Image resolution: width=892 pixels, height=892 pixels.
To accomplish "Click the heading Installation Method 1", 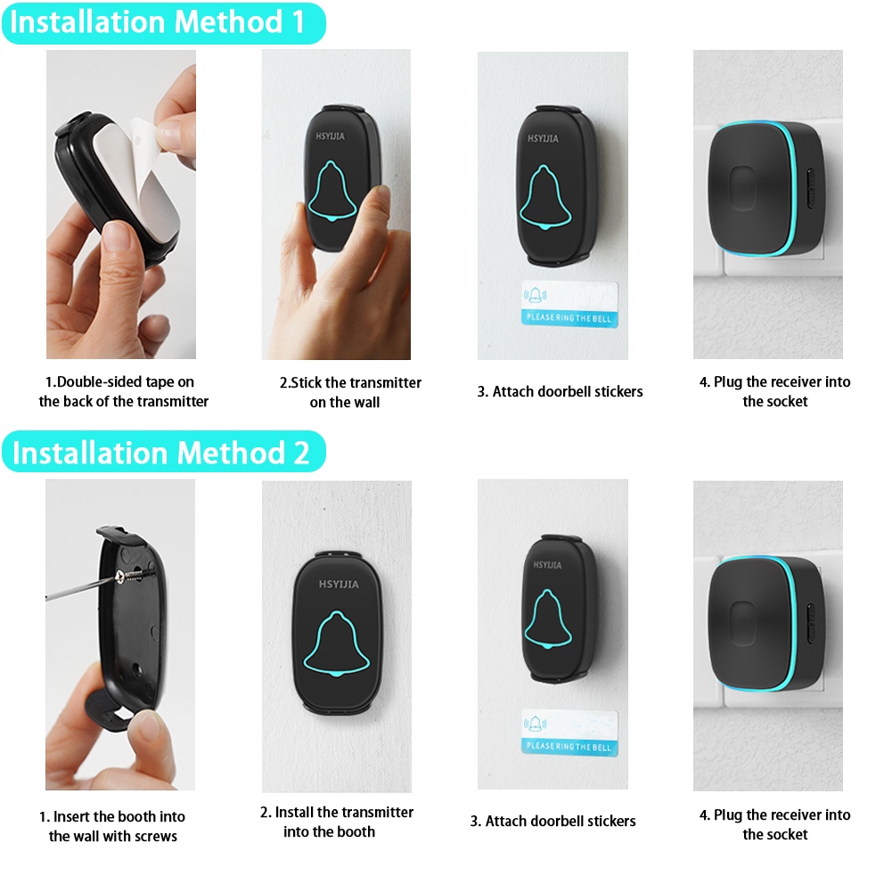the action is pos(157,23).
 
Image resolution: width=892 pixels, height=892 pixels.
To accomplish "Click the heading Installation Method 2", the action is pos(161,453).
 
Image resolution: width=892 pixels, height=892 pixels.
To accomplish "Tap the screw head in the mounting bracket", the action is pos(120,577).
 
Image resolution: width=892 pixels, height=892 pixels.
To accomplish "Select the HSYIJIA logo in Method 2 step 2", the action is pos(339,585).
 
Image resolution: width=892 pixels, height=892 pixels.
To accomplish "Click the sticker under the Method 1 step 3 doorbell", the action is pos(569,304).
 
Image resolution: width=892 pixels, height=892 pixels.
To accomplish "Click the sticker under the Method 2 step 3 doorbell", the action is pos(569,732).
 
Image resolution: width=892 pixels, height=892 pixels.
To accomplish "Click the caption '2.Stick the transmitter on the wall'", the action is pos(349,392).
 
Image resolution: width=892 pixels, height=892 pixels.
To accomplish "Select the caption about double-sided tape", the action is pos(124,391).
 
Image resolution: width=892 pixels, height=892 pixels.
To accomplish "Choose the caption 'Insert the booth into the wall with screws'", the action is pos(112,826).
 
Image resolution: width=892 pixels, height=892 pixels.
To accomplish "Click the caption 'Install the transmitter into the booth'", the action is pos(336,822).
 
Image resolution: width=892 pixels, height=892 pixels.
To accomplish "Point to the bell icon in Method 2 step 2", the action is pos(337,644).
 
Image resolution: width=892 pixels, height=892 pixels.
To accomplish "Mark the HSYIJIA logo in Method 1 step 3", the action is pos(543,138).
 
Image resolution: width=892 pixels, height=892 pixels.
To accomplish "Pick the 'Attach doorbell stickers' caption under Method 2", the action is pos(553,821).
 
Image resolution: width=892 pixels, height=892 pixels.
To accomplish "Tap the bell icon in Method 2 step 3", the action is pos(547,619).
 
